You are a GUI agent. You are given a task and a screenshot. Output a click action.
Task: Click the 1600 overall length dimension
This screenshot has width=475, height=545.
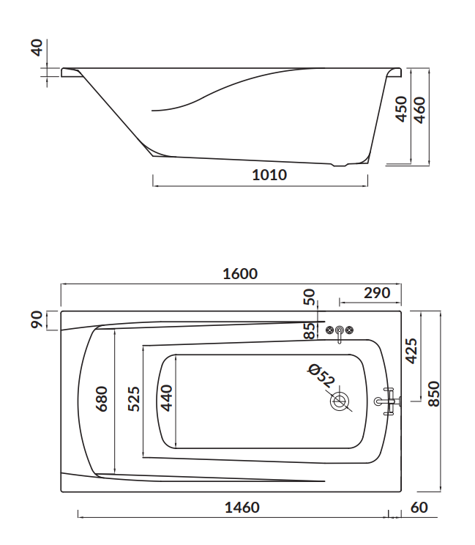point(240,274)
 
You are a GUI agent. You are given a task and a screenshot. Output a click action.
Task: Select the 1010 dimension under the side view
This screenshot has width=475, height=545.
point(269,175)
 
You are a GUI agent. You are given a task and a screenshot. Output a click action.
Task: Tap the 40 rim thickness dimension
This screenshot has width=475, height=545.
point(37,48)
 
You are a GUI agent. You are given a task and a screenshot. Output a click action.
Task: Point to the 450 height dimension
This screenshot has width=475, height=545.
point(401,109)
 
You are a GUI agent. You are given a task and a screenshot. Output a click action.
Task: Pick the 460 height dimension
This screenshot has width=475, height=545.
point(420,110)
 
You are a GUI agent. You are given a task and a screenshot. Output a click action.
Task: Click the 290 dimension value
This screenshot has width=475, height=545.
point(377,293)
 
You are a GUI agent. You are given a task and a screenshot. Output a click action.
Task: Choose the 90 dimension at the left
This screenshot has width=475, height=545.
point(37,320)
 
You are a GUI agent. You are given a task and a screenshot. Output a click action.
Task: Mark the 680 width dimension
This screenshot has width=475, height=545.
point(102,398)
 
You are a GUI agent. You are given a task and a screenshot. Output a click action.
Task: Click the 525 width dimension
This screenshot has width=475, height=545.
point(134,398)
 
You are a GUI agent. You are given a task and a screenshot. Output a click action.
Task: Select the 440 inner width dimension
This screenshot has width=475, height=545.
point(167,398)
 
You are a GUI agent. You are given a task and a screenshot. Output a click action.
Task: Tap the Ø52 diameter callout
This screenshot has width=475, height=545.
point(321,376)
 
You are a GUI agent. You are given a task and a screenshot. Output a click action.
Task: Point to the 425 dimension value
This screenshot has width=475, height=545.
point(412,351)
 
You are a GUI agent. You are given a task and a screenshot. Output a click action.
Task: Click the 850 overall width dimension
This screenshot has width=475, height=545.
point(434,394)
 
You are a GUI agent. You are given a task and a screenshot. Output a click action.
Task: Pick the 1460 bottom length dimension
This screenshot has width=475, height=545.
point(242,508)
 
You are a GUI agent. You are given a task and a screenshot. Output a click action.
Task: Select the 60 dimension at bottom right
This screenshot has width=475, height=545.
point(419,508)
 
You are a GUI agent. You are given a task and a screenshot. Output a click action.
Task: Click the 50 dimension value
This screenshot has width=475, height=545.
point(310,297)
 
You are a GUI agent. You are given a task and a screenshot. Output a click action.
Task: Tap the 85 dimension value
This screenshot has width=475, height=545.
point(310,330)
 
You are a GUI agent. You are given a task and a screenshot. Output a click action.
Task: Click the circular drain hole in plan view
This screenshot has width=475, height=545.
point(340,401)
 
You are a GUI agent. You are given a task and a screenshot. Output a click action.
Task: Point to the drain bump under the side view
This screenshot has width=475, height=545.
point(340,165)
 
